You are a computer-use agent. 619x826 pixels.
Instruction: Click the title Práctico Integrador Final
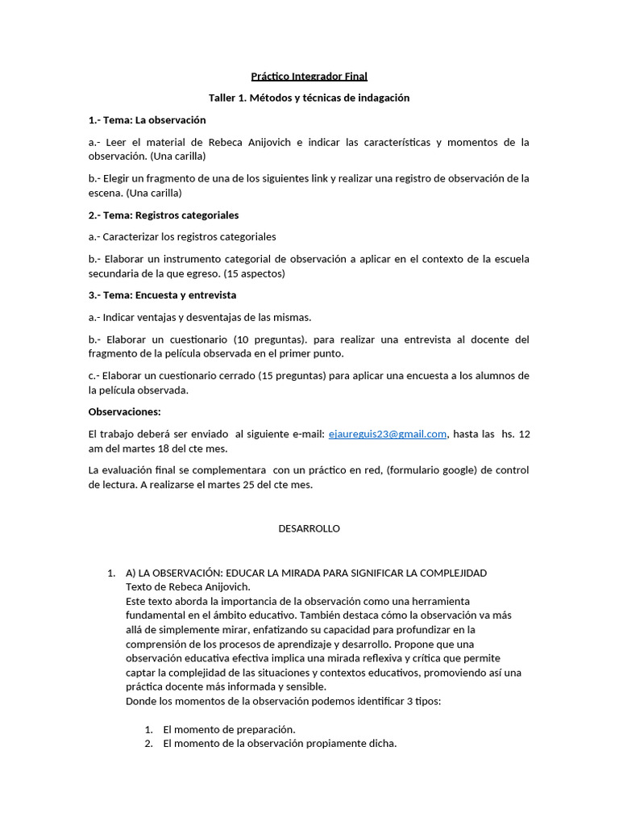tap(309, 77)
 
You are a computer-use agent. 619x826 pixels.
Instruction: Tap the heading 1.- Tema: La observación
tap(147, 120)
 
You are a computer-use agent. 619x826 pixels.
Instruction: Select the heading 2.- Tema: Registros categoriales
tap(163, 215)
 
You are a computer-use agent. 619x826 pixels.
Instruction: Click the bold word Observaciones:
tap(125, 412)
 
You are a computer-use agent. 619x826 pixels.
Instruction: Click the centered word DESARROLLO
tap(309, 529)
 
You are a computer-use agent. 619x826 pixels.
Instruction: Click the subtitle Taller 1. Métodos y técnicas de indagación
tap(309, 98)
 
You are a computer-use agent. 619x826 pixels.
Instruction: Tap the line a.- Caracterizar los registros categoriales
tap(182, 237)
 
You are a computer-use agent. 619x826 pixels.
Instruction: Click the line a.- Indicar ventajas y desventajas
tap(199, 317)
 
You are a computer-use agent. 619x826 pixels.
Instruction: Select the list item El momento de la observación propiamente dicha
tap(280, 744)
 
